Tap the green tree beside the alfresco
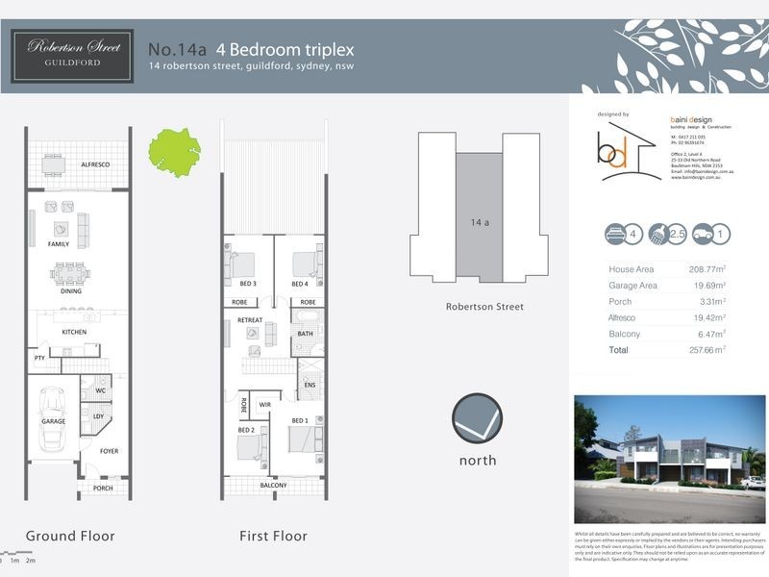coord(174,150)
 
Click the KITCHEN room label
coord(74,332)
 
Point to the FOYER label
coord(108,450)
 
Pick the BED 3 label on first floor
coord(248,284)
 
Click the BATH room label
coord(306,334)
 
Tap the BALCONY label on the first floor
coord(273,486)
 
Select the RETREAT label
coord(250,319)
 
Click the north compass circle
coord(477,418)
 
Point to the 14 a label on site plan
coord(481,222)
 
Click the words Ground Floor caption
coord(70,536)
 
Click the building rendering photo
coord(669,458)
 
